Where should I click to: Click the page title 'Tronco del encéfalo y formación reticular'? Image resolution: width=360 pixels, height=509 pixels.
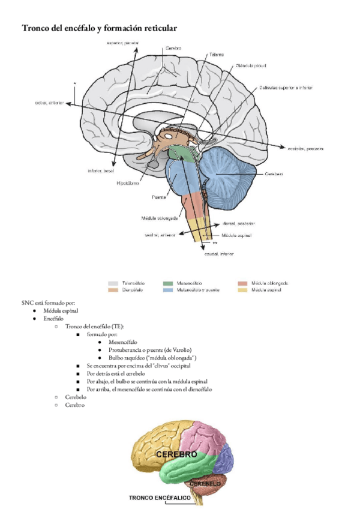(x=99, y=28)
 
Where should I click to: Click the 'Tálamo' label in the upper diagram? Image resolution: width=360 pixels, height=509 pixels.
(x=217, y=55)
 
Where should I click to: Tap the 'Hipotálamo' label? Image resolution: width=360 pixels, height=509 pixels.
(x=128, y=184)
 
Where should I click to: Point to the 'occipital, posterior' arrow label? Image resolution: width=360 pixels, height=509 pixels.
(x=305, y=148)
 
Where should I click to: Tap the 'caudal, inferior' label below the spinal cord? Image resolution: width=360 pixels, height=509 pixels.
(x=219, y=254)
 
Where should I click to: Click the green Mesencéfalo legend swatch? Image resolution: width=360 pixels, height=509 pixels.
(x=168, y=283)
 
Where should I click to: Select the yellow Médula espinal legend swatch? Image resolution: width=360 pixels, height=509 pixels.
(x=242, y=290)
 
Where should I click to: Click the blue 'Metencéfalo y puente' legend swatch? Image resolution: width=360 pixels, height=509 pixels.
(x=168, y=290)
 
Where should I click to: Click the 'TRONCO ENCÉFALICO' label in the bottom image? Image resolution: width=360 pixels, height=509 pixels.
(x=160, y=498)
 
